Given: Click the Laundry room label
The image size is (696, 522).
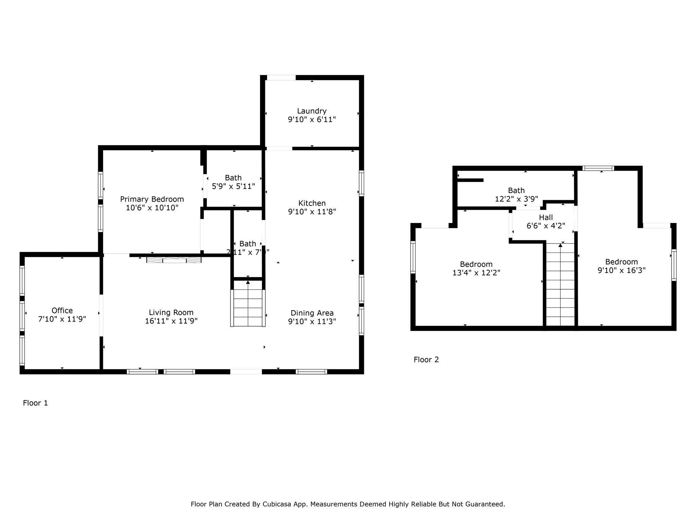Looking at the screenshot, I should pyautogui.click(x=312, y=111).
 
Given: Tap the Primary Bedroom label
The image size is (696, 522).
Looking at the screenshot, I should pyautogui.click(x=152, y=199).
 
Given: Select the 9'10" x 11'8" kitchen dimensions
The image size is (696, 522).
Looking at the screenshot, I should pyautogui.click(x=312, y=212).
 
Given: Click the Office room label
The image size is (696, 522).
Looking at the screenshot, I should pyautogui.click(x=62, y=310).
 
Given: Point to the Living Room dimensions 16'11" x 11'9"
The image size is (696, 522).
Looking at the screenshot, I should pyautogui.click(x=171, y=321).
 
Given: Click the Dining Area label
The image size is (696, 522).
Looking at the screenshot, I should pyautogui.click(x=312, y=313).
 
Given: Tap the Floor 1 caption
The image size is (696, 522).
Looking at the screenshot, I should pyautogui.click(x=35, y=403).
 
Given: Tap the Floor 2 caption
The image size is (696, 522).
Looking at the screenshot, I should pyautogui.click(x=426, y=360).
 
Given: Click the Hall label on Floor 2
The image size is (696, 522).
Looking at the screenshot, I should pyautogui.click(x=546, y=217).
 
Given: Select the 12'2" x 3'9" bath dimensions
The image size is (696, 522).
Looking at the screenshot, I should pyautogui.click(x=516, y=199).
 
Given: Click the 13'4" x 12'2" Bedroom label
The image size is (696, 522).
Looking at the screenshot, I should pyautogui.click(x=476, y=264).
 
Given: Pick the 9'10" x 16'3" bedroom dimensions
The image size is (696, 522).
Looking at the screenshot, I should pyautogui.click(x=622, y=271).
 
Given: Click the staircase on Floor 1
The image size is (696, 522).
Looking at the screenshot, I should pyautogui.click(x=248, y=308).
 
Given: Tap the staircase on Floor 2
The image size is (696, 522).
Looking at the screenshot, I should pyautogui.click(x=560, y=285).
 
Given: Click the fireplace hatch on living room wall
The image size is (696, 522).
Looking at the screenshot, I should pyautogui.click(x=174, y=260).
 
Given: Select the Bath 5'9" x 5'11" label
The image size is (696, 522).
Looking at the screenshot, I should pyautogui.click(x=233, y=178).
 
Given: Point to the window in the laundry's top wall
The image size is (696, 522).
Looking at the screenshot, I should pyautogui.click(x=281, y=78).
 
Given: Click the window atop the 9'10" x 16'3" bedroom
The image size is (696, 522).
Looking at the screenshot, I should pyautogui.click(x=598, y=168).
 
